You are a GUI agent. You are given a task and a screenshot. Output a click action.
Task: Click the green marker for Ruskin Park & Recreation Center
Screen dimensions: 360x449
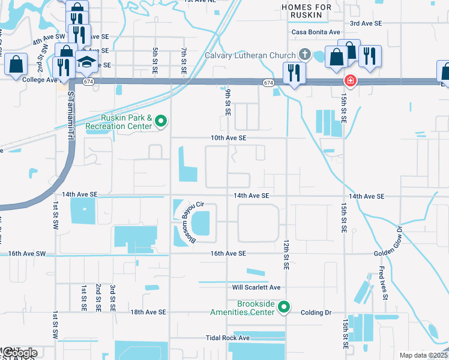pos(160,122)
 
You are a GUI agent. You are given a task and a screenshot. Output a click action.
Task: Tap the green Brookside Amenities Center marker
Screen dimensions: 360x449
pos(285,308)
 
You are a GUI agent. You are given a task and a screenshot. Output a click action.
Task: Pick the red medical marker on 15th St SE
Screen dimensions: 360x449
pos(348,80)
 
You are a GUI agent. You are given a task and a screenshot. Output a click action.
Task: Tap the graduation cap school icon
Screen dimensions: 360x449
pos(87,62)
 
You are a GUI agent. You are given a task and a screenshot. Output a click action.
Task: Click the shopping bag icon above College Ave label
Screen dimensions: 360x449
pos(16,64)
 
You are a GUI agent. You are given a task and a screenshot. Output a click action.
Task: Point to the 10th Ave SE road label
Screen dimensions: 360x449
pos(228,138)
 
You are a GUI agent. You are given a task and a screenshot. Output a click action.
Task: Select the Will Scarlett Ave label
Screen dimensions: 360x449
pos(256,287)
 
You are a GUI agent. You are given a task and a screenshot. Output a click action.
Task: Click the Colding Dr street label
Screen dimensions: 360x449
pos(316,313)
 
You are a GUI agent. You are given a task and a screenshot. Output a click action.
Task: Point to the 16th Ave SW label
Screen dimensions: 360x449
pos(28,254)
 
